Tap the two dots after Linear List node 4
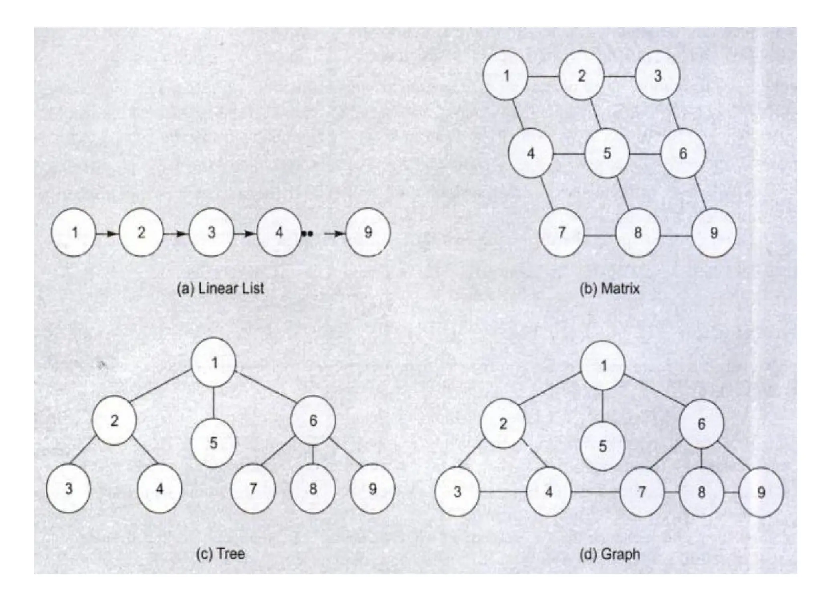coord(307,233)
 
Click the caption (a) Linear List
coord(221,289)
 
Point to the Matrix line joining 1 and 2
coord(543,76)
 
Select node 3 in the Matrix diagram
coord(657,76)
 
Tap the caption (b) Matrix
coord(609,289)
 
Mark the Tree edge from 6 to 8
coord(313,454)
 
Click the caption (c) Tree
coord(221,554)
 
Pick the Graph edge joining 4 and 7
coord(595,492)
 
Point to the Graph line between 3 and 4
coord(503,492)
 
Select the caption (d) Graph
coord(609,555)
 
